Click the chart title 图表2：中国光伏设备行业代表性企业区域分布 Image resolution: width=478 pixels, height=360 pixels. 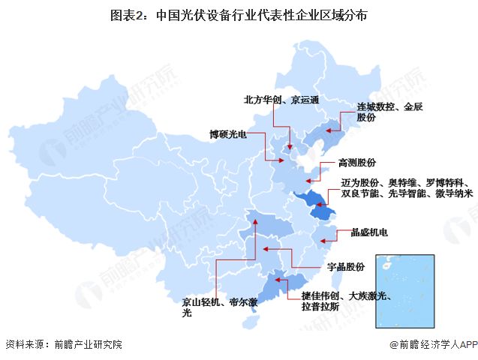pyautogui.click(x=239, y=14)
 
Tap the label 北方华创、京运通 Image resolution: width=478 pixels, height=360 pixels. pyautogui.click(x=281, y=100)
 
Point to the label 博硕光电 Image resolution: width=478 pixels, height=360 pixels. pyautogui.click(x=227, y=135)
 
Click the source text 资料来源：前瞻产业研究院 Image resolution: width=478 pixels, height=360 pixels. pyautogui.click(x=63, y=345)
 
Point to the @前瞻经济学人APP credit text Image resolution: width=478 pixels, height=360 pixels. pyautogui.click(x=432, y=345)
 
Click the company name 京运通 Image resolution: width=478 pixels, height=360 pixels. pyautogui.click(x=305, y=100)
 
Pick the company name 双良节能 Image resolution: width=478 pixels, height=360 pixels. pyautogui.click(x=359, y=193)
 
